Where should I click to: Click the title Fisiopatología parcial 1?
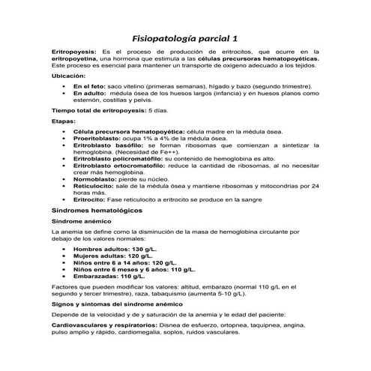[x=184, y=37]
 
